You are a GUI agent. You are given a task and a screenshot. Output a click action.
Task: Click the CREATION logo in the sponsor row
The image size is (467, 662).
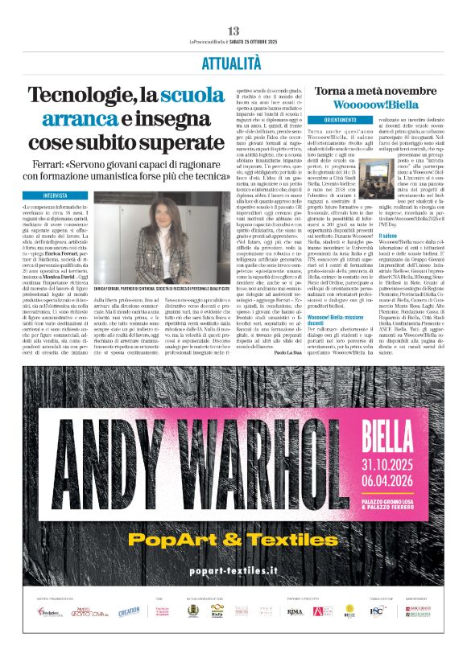(129, 612)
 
